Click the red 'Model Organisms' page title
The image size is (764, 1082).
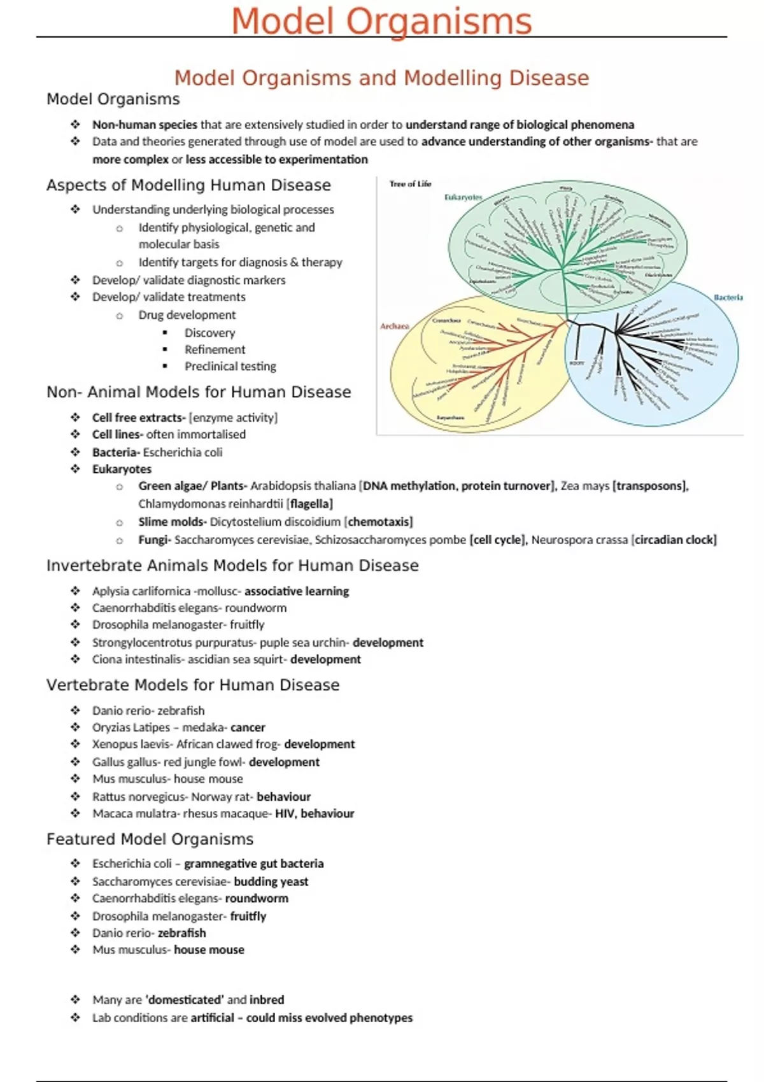(x=381, y=21)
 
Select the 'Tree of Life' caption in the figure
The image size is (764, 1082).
(x=410, y=184)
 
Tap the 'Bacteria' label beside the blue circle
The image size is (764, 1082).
(x=728, y=297)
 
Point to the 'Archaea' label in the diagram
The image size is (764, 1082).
(x=395, y=326)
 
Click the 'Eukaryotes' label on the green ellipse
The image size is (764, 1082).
(x=463, y=197)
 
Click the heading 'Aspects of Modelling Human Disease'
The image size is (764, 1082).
(x=188, y=185)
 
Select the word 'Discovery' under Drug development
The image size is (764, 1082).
(x=209, y=333)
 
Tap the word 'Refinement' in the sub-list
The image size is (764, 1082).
(x=215, y=349)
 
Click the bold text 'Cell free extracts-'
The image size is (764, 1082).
(x=139, y=418)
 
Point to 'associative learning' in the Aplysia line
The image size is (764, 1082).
(x=297, y=591)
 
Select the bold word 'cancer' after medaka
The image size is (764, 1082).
(x=248, y=727)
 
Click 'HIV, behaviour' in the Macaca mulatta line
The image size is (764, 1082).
(x=315, y=813)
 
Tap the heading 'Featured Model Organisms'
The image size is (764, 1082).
(x=150, y=840)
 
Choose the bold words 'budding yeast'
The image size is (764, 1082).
(x=271, y=882)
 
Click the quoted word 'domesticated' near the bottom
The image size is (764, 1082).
(x=185, y=1000)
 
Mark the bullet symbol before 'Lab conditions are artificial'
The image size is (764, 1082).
(x=75, y=1018)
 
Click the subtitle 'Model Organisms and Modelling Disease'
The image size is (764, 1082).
(x=381, y=78)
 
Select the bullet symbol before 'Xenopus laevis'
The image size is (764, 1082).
(x=75, y=744)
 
